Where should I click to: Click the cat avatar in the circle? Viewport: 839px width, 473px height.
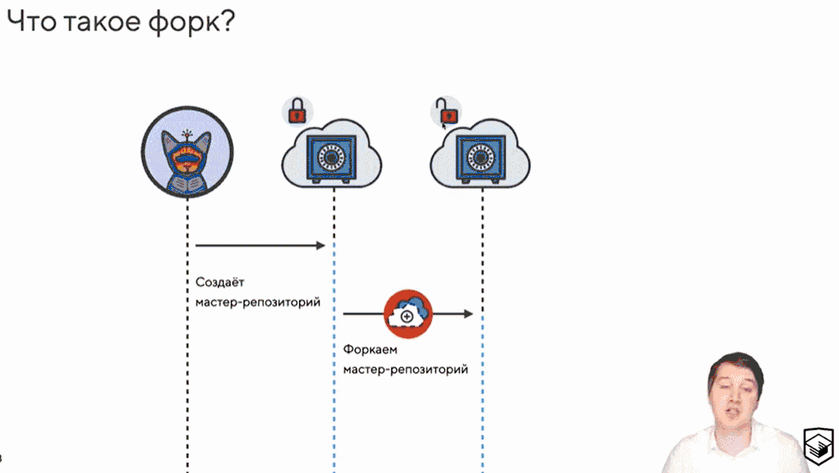[187, 155]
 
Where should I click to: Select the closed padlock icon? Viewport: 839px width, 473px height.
[297, 111]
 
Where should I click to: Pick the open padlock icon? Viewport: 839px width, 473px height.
[445, 110]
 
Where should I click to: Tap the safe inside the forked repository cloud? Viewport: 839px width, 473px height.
[481, 157]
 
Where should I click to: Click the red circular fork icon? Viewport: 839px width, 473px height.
[408, 313]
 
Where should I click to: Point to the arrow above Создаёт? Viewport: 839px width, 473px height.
[260, 245]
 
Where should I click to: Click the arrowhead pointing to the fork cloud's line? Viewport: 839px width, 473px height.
[468, 313]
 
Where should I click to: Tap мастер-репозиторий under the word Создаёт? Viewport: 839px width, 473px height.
[257, 303]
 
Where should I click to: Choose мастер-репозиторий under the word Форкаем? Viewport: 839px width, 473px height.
[406, 369]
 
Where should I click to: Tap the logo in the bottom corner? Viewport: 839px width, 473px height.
[818, 444]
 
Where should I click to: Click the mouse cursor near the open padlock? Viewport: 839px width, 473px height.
[445, 125]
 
